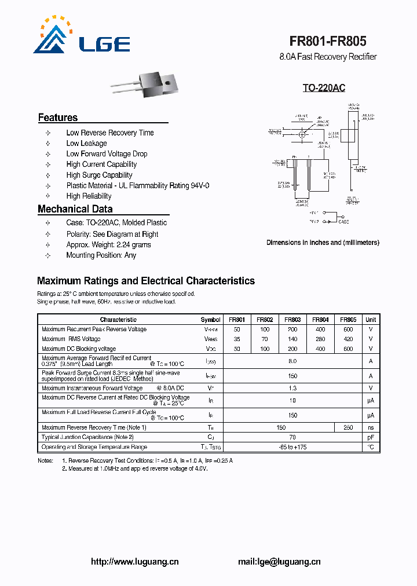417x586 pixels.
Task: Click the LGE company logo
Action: point(81,35)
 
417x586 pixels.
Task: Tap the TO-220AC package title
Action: point(324,88)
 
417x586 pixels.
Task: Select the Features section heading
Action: point(58,118)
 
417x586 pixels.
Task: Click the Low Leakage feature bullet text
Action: point(86,143)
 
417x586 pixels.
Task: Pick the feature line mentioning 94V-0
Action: point(138,185)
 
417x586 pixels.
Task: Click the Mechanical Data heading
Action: point(75,209)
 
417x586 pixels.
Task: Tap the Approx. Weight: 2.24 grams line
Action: point(108,244)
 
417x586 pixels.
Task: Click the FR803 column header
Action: point(292,320)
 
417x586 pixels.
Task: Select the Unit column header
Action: point(371,320)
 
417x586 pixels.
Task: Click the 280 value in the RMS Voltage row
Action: point(320,339)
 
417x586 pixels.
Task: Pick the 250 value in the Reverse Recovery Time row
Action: point(348,427)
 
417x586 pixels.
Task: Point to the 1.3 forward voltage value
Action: point(292,388)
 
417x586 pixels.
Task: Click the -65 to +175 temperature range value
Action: point(292,447)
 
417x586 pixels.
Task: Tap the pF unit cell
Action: point(371,437)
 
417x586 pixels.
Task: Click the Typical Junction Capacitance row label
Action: point(87,437)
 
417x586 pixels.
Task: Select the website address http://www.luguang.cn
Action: point(136,561)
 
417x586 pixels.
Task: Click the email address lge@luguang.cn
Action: point(279,561)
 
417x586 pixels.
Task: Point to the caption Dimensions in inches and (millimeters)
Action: point(323,243)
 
